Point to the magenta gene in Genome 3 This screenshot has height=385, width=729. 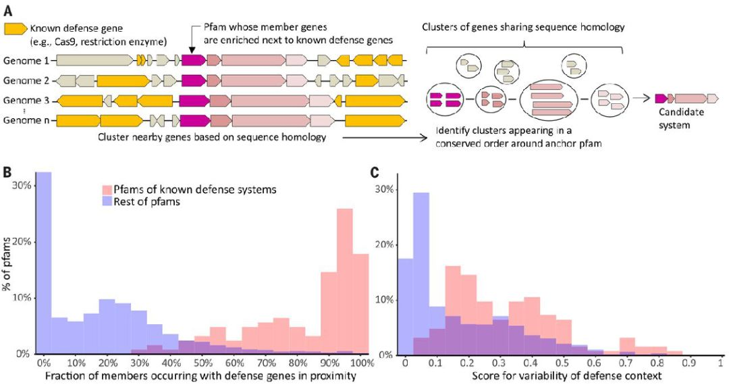coord(193,101)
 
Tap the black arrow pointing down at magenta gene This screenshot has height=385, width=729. coord(192,46)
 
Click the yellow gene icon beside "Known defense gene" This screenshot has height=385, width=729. coord(15,30)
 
